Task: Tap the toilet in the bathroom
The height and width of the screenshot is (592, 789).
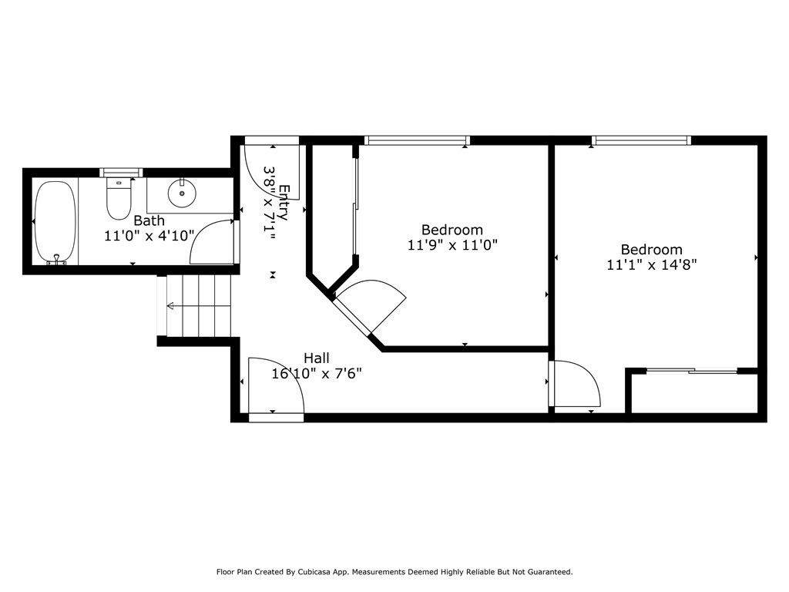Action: tap(119, 200)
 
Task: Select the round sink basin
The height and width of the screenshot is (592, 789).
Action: tap(182, 193)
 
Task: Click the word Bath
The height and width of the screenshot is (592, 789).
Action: tap(149, 220)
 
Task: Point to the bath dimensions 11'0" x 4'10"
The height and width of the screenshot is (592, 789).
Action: tap(149, 236)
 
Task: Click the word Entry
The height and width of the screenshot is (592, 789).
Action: tap(284, 203)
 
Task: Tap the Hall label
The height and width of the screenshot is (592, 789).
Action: tap(317, 358)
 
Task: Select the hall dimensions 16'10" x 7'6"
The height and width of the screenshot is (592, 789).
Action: tap(317, 374)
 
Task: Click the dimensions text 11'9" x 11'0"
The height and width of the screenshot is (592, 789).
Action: tap(452, 245)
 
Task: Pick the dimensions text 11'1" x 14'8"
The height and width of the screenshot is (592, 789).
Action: tap(652, 265)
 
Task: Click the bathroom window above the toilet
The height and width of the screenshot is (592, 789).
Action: tap(121, 173)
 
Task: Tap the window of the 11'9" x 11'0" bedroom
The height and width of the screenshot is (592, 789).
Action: tap(417, 140)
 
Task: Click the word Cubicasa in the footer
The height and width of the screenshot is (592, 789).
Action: tap(314, 572)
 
